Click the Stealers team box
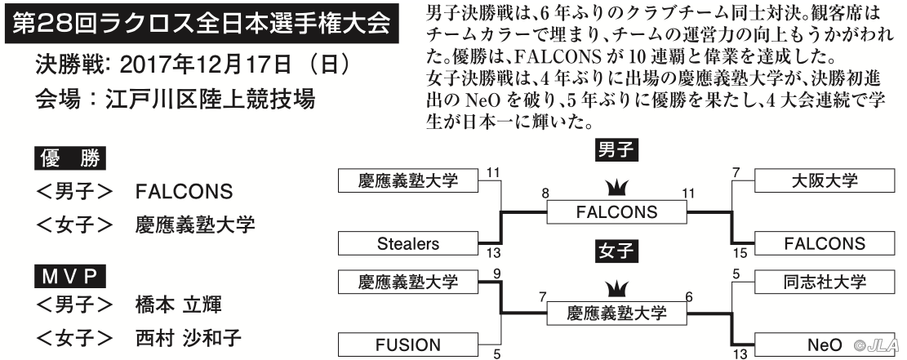click(408, 243)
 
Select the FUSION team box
click(408, 345)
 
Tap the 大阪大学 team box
click(825, 180)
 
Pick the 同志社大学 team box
click(825, 282)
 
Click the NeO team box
click(825, 345)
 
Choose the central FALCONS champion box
click(616, 212)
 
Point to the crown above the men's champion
click(616, 188)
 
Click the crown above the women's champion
click(616, 290)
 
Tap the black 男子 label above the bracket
click(616, 151)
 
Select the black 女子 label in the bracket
click(616, 251)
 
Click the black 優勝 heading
click(70, 158)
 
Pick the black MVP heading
click(70, 278)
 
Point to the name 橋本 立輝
click(178, 304)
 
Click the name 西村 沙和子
click(188, 338)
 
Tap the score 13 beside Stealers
click(493, 254)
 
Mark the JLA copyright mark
click(878, 345)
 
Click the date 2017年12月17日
click(206, 65)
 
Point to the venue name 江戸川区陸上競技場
click(210, 99)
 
